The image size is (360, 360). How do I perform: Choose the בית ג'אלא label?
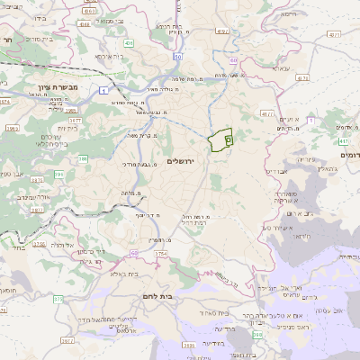(x=129, y=275)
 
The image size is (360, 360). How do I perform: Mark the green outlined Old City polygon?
(x=220, y=141)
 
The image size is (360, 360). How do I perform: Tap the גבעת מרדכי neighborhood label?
(x=142, y=165)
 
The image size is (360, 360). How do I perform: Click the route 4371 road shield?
(x=335, y=34)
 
